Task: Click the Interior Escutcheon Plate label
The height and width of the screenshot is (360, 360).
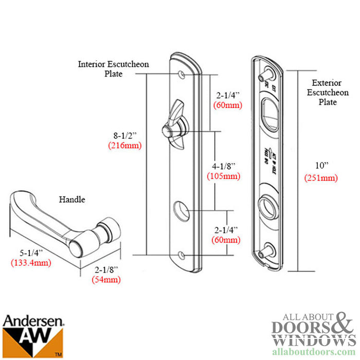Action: coord(114,69)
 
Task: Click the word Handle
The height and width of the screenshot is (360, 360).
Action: coord(72,200)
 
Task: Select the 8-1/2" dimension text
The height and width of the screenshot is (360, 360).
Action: coord(124,136)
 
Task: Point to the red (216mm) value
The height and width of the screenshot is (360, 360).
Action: coord(124,145)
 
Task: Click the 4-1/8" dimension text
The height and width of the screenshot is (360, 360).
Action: coord(223,167)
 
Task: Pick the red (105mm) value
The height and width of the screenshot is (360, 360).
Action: coord(223,176)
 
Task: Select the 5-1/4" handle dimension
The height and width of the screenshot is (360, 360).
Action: coord(32,253)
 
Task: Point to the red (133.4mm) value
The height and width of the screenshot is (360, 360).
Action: coord(32,263)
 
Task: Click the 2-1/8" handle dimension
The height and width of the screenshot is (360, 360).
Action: coord(106,270)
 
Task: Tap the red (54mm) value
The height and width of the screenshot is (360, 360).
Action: coord(106,280)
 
